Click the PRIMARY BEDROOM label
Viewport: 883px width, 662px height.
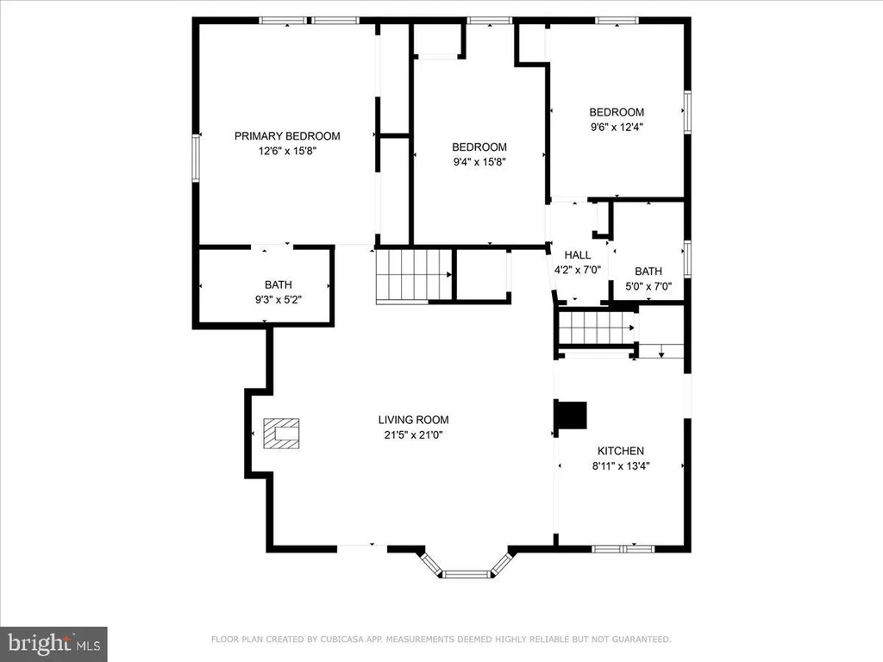coord(287,135)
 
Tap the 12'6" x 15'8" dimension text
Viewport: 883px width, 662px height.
coord(287,151)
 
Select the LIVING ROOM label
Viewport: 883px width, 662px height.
coord(413,420)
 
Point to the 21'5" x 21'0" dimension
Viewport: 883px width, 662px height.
coord(413,434)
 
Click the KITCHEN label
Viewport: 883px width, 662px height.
coord(621,451)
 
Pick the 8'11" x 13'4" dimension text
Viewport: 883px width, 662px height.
coord(621,466)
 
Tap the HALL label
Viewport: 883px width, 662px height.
coord(578,255)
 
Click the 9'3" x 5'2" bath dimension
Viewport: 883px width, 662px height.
coord(279,300)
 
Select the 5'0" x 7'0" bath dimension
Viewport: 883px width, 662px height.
coord(648,286)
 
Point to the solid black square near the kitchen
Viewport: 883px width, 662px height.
coord(572,415)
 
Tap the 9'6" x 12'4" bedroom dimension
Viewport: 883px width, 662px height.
coord(617,128)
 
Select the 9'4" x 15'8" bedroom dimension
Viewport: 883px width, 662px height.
coord(479,162)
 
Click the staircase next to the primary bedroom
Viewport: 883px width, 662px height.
coord(415,276)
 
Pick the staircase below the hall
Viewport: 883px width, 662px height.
coord(597,328)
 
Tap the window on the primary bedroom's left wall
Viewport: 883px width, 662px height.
coord(196,158)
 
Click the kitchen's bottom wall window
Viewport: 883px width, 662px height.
coord(623,548)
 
